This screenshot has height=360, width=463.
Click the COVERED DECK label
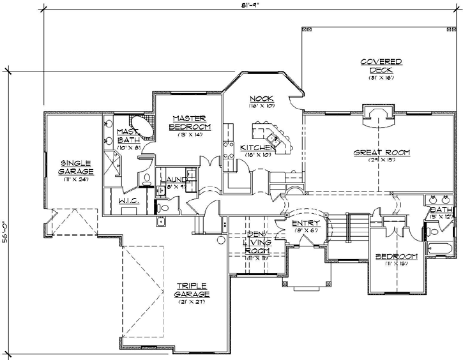381,64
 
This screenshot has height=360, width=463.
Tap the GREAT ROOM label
383,153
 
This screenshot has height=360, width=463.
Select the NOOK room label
261,98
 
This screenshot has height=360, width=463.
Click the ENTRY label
301,223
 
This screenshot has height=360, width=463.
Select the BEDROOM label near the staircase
396,257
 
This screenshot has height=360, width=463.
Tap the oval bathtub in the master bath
142,128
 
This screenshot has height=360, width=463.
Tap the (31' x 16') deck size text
381,78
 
